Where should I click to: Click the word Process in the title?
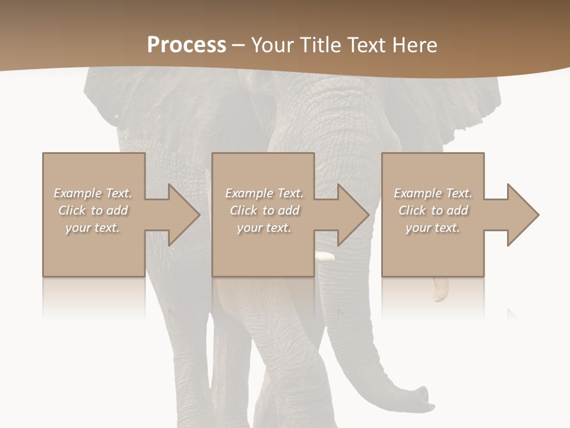pos(186,45)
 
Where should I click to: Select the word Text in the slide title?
pos(366,45)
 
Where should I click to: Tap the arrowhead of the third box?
pos(522,215)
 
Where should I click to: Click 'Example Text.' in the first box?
pos(93,193)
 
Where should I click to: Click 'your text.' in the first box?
pos(93,228)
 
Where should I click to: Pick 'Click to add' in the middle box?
pos(264,210)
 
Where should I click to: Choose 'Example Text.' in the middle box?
pos(264,193)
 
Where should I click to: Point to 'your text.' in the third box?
pos(433,228)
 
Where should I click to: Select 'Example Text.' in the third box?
pos(433,193)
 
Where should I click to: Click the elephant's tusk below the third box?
pos(441,289)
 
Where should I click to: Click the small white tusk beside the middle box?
pos(325,257)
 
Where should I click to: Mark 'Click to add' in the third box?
pos(433,210)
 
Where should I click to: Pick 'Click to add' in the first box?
pos(93,210)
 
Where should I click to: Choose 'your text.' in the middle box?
pos(264,228)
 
